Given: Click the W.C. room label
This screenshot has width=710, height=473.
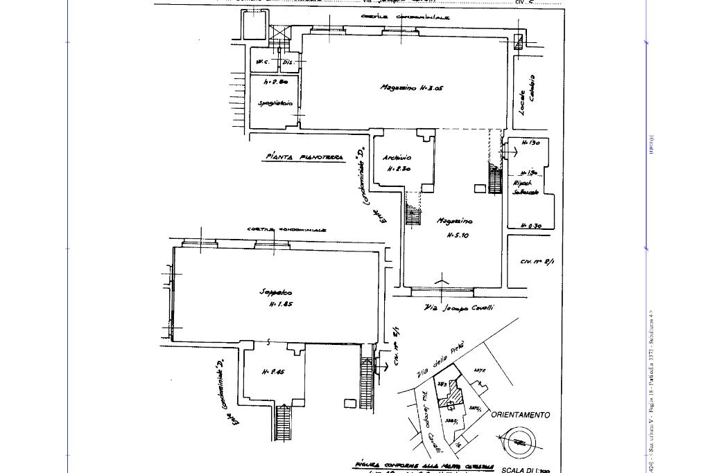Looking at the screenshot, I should pos(262,62).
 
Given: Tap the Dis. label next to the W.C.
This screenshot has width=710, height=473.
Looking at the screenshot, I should pos(288,62).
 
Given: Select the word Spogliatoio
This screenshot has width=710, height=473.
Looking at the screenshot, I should pos(275,104).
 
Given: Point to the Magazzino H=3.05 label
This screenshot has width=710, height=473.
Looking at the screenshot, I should pos(411,88).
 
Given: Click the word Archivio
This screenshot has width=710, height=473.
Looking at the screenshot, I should pos(397,158).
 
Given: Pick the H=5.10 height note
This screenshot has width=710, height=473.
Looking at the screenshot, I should pos(458,235).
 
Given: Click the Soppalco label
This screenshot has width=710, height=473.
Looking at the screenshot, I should pos(276,292).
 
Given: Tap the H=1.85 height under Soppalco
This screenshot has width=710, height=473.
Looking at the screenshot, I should pos(280,304).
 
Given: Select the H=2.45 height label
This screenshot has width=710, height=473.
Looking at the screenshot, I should pos(272,372).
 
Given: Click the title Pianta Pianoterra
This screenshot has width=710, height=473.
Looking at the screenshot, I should pos(305,158).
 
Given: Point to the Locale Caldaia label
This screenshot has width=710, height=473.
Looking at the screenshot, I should pos(528,95).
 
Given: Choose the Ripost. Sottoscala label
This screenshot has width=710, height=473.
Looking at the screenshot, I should pos(525,188).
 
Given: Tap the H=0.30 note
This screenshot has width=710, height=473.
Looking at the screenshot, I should pos(531,226).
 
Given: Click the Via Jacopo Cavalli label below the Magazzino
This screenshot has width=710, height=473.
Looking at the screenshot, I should pos(459,307).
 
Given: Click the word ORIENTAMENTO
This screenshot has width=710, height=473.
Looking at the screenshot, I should pos(521,415).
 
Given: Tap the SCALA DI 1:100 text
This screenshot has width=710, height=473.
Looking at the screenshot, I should pos(526,470).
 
